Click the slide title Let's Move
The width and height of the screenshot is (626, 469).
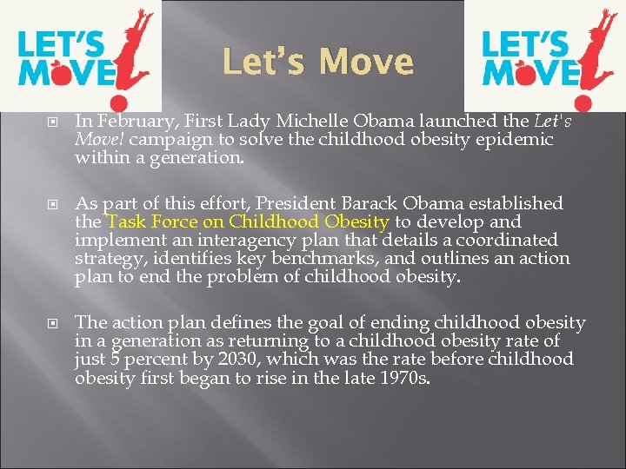318,62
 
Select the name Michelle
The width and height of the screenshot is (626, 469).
301,122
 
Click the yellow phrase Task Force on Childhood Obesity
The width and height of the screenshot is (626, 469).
248,221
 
